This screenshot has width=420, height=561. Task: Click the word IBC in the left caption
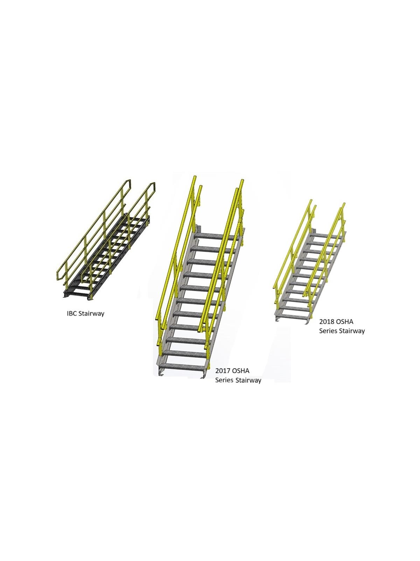[x=72, y=313]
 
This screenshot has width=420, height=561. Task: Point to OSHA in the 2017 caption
[x=241, y=371]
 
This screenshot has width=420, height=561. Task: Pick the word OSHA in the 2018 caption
[x=344, y=322]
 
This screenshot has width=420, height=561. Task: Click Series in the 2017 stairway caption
[x=224, y=380]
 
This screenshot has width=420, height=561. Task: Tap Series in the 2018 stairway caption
[x=328, y=331]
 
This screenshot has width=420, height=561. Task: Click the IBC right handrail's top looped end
[x=152, y=186]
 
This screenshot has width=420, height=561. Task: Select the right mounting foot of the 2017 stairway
[x=204, y=375]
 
